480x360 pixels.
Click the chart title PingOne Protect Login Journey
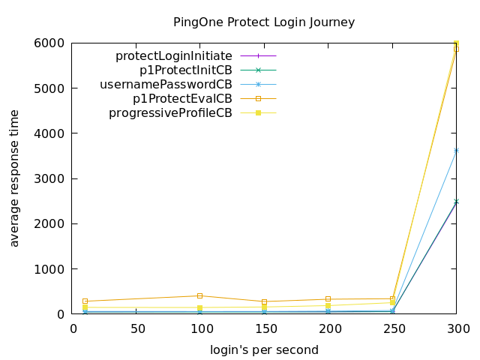coord(264,22)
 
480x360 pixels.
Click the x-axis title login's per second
coord(264,350)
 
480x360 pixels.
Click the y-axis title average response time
coord(14,177)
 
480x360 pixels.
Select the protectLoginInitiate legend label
coord(173,55)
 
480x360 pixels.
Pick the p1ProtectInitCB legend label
coord(186,70)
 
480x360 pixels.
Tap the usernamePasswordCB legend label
coord(166,84)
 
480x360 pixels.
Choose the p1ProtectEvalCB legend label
coord(182,98)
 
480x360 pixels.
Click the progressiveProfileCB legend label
coord(170,113)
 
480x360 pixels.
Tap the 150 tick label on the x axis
coord(265,328)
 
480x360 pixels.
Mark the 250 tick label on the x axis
coord(393,328)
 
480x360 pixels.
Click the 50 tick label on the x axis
coord(137,328)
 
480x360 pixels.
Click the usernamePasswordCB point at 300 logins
coord(456,151)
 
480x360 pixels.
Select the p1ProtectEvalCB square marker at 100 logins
coord(200,295)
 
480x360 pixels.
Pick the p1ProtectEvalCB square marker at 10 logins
coord(85,301)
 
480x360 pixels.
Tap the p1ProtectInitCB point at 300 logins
coord(456,202)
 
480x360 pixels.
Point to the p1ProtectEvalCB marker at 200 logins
coord(328,299)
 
